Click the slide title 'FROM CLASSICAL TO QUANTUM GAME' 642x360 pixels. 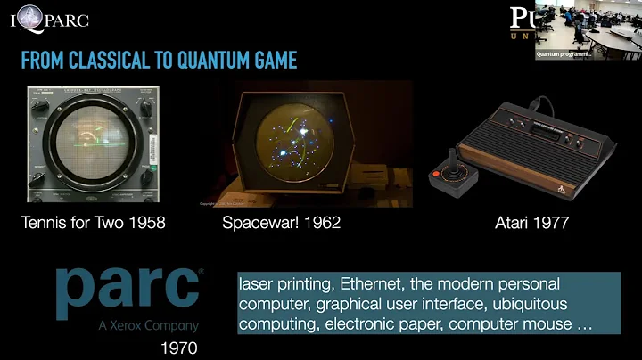click(x=159, y=61)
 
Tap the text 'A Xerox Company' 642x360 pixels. click(x=147, y=326)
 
